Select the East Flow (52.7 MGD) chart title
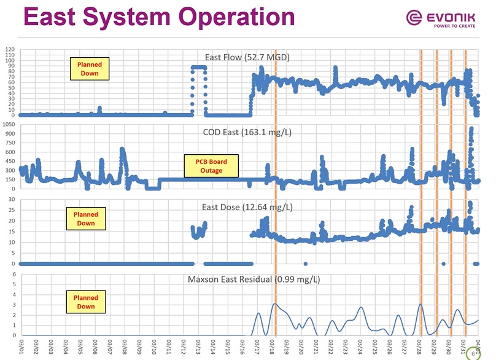coord(247,58)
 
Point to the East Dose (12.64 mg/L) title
coord(247,206)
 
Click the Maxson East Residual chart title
coord(253,280)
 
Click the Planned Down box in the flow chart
coord(89,69)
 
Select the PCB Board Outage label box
coord(211,166)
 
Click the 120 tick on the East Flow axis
coord(10,49)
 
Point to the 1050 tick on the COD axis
coord(9,124)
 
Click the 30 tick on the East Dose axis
coord(12,200)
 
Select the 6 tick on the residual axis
coord(14,275)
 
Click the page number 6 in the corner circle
coord(473,353)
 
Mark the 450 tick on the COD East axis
coord(10,162)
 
